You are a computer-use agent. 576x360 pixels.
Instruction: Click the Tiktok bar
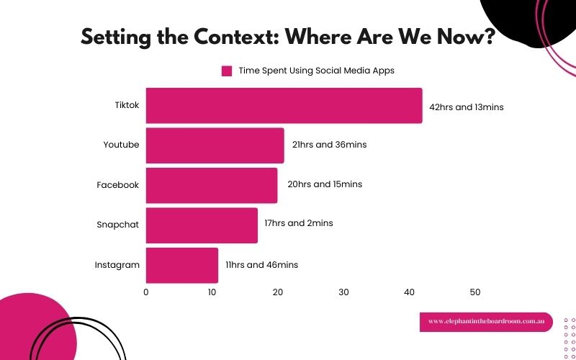pyautogui.click(x=284, y=106)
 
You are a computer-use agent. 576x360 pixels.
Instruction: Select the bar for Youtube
pyautogui.click(x=215, y=145)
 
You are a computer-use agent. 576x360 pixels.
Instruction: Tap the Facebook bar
pyautogui.click(x=211, y=185)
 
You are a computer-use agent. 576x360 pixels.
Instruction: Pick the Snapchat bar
pyautogui.click(x=202, y=225)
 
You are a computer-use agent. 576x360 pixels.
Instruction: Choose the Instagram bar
pyautogui.click(x=181, y=265)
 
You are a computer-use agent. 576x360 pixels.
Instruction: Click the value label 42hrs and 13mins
pyautogui.click(x=466, y=107)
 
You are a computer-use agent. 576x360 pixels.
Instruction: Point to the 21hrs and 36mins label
pyautogui.click(x=329, y=145)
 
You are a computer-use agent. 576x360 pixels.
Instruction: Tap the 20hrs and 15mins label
pyautogui.click(x=324, y=184)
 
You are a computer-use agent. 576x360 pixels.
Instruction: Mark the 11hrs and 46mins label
pyautogui.click(x=261, y=265)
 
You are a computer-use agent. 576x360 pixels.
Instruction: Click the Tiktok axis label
pyautogui.click(x=127, y=105)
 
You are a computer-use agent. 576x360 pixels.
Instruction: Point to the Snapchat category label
pyautogui.click(x=117, y=224)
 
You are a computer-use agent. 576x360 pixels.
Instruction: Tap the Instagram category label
pyautogui.click(x=117, y=265)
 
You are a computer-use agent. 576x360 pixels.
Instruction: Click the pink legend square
pyautogui.click(x=227, y=71)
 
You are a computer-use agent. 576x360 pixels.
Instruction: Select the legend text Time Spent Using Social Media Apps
pyautogui.click(x=316, y=71)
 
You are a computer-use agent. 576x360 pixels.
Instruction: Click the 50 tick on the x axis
pyautogui.click(x=475, y=292)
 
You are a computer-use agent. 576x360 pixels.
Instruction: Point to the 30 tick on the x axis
pyautogui.click(x=343, y=292)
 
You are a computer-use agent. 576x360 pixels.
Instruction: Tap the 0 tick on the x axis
pyautogui.click(x=146, y=292)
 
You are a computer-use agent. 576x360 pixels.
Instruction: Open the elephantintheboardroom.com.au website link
pyautogui.click(x=485, y=322)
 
